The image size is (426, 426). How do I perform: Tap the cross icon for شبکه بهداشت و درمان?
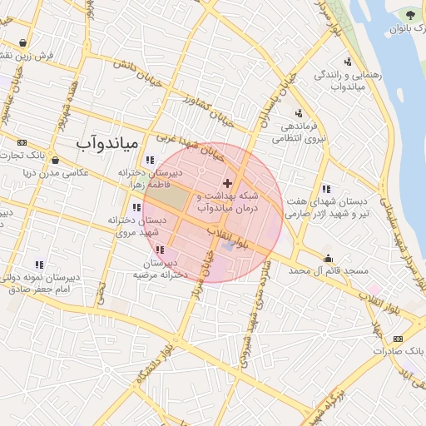[x=227, y=181]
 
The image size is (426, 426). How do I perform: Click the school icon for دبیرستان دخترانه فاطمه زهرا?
[x=149, y=160]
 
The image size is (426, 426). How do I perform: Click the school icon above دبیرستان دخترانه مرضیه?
[x=160, y=249]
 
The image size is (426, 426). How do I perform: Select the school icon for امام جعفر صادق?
[x=38, y=264]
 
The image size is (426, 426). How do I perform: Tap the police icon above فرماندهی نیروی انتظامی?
[x=299, y=113]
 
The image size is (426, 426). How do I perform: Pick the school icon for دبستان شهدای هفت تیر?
[x=325, y=189]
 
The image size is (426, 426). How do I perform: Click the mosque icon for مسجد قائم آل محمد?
[x=328, y=257]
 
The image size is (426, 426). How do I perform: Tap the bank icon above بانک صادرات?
[x=398, y=339]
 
